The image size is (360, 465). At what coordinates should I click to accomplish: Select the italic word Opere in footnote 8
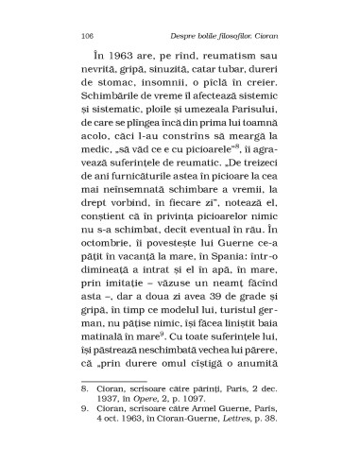(157, 451)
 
